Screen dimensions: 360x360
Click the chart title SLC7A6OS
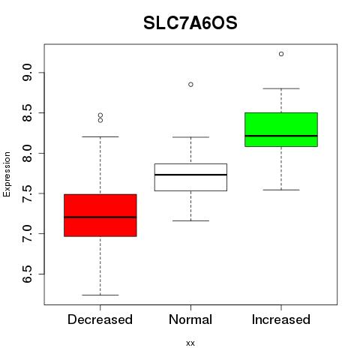pyautogui.click(x=190, y=23)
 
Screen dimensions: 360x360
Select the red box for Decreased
pyautogui.click(x=100, y=215)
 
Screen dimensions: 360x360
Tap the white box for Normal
pyautogui.click(x=190, y=177)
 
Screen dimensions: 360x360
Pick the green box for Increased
pyautogui.click(x=281, y=130)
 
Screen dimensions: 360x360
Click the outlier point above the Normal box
pyautogui.click(x=190, y=85)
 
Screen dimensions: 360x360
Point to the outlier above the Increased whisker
pyautogui.click(x=281, y=54)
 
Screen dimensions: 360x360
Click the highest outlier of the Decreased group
pyautogui.click(x=100, y=115)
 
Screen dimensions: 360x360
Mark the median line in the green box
pyautogui.click(x=281, y=136)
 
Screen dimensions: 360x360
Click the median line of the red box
pyautogui.click(x=100, y=217)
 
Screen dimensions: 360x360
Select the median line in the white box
pyautogui.click(x=190, y=175)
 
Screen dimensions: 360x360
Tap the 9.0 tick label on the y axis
pyautogui.click(x=27, y=73)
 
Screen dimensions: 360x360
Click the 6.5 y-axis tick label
pyautogui.click(x=27, y=274)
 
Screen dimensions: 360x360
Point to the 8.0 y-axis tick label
pyautogui.click(x=27, y=153)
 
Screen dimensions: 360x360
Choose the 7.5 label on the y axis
pyautogui.click(x=27, y=193)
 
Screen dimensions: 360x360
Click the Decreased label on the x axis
pyautogui.click(x=100, y=319)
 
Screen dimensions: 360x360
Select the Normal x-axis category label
pyautogui.click(x=190, y=319)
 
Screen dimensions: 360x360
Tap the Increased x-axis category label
pyautogui.click(x=281, y=319)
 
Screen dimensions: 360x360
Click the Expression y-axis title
pyautogui.click(x=7, y=174)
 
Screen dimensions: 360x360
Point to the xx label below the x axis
pyautogui.click(x=190, y=343)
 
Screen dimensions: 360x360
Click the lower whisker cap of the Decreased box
pyautogui.click(x=100, y=295)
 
